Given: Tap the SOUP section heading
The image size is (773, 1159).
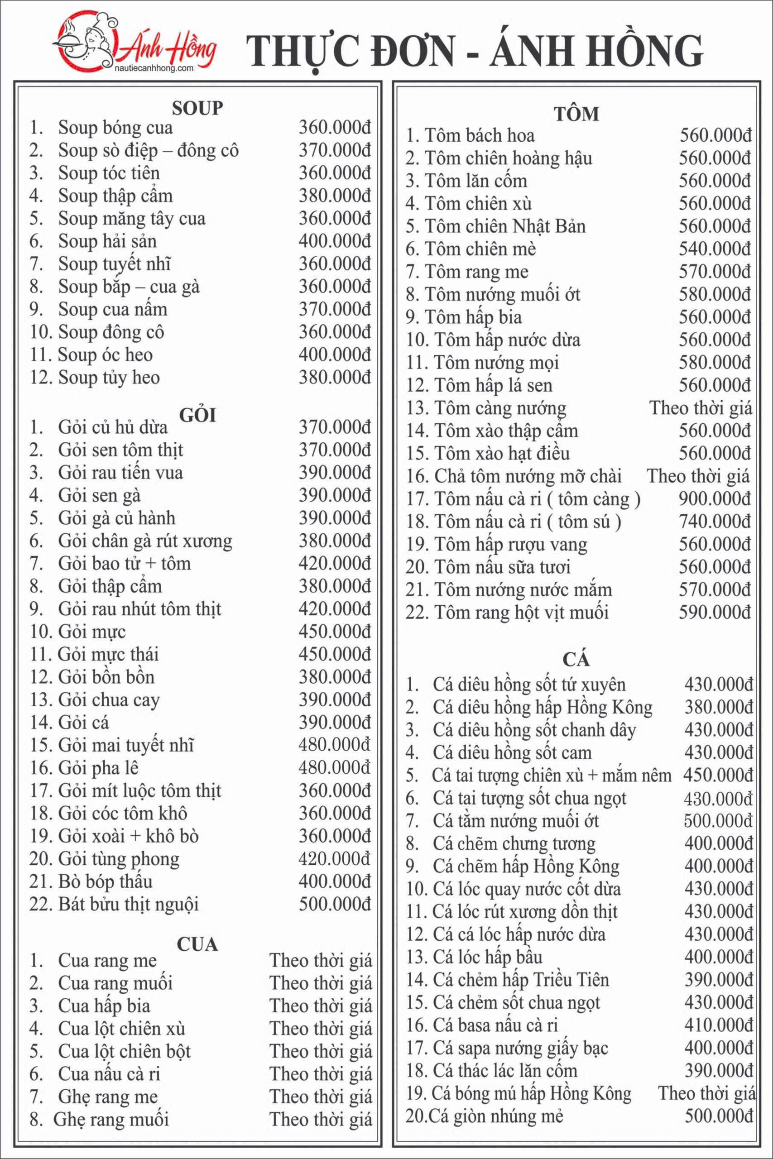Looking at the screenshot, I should (197, 108).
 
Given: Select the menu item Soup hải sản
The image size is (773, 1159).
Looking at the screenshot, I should (107, 241).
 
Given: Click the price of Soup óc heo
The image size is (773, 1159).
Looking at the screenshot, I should (335, 354).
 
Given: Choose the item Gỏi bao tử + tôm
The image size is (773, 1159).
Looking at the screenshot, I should (124, 563).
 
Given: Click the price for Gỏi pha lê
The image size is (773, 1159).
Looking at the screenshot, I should (335, 768).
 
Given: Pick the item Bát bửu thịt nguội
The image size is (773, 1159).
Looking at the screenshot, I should (128, 904).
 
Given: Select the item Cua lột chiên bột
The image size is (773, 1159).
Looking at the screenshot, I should (124, 1051).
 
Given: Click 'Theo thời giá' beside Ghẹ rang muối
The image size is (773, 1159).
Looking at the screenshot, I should (321, 1119).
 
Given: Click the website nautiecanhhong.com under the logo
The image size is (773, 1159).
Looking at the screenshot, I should (154, 68).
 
